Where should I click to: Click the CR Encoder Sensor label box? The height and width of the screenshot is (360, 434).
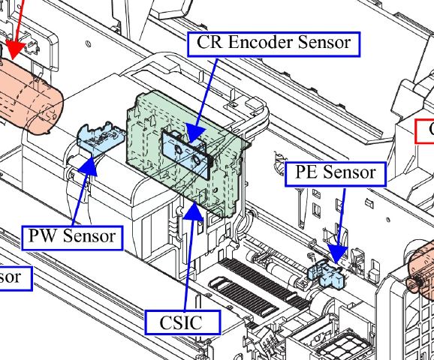(273, 43)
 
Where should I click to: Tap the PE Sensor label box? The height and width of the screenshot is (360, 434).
(335, 173)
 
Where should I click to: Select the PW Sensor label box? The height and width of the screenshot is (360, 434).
(72, 237)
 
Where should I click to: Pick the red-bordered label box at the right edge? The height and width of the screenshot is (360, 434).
(426, 130)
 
